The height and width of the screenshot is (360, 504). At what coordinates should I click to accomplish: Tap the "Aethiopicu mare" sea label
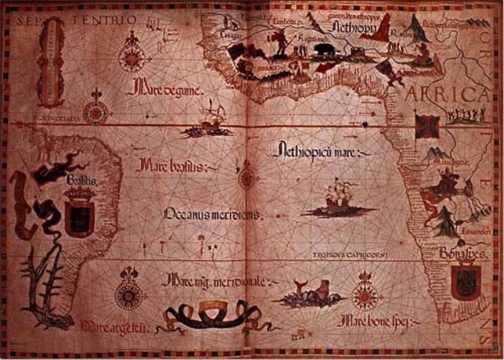(x=313, y=151)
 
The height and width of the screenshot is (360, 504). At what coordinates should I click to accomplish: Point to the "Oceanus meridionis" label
(x=213, y=214)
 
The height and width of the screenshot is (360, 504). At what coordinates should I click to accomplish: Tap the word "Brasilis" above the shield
(x=81, y=181)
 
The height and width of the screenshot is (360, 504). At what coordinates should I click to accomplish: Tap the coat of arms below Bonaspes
(x=465, y=282)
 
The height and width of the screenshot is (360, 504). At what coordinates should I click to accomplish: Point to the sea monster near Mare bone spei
(x=308, y=295)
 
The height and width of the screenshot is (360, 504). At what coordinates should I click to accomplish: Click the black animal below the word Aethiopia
(x=323, y=53)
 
